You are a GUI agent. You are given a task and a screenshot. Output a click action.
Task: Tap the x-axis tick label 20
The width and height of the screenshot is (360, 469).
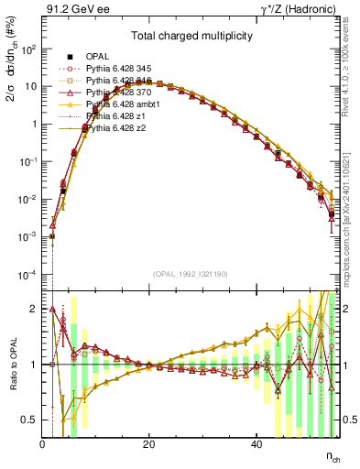[x=149, y=444]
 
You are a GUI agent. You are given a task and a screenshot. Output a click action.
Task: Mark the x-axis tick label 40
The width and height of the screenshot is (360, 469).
[x=256, y=444]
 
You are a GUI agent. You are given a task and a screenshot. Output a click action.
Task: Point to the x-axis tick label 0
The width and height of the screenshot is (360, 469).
[x=42, y=444]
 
